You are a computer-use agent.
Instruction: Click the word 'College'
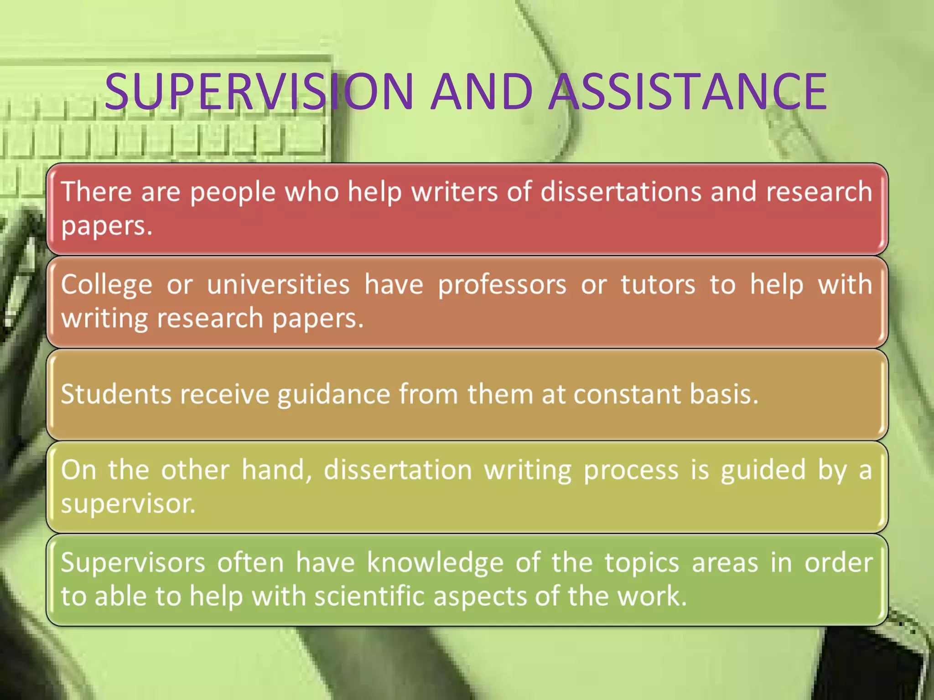107,285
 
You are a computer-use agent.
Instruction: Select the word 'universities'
278,284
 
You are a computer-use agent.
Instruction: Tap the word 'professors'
502,285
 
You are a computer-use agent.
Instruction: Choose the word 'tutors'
658,284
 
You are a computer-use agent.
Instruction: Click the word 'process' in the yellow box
631,470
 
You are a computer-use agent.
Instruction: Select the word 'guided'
763,470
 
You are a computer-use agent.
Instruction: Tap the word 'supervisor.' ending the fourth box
128,504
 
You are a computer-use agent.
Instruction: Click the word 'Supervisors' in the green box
133,563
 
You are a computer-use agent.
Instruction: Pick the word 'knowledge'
435,563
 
